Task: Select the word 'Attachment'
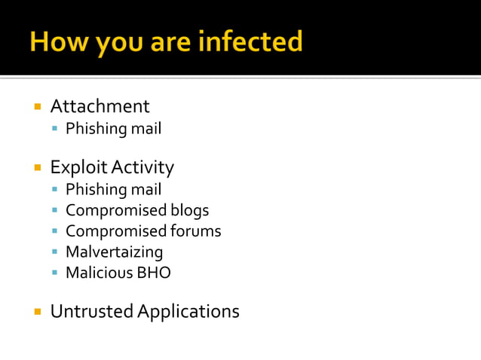(100, 106)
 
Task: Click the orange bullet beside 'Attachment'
(37, 106)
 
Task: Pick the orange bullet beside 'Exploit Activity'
(37, 167)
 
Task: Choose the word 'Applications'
(188, 311)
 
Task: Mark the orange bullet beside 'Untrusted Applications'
(37, 310)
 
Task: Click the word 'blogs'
(189, 211)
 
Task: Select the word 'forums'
(195, 231)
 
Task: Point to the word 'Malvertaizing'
(114, 252)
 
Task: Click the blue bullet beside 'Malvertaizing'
(55, 252)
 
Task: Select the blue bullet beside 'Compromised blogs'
(55, 211)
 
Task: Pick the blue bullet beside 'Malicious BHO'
(55, 273)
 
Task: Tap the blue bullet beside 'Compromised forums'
(55, 231)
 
